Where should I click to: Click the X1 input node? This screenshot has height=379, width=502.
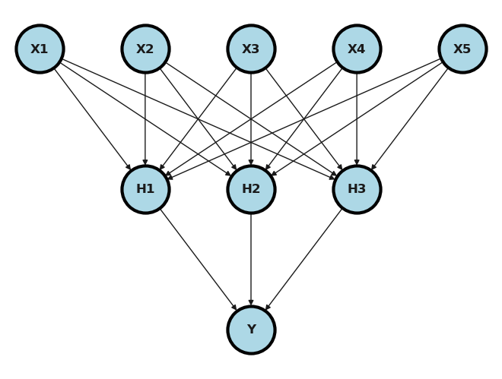pos(40,49)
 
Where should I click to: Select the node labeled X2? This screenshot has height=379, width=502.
pos(145,49)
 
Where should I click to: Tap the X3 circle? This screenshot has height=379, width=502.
pos(251,49)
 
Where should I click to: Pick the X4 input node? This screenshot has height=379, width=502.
pos(357,49)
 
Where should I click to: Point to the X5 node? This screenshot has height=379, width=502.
pos(462,49)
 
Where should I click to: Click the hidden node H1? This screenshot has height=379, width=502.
pos(145,189)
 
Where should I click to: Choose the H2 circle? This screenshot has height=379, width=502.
pos(251,189)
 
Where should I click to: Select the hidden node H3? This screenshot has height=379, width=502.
pos(357,189)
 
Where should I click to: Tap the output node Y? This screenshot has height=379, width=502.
pos(251,330)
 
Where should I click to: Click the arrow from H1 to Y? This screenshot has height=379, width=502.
pos(198,259)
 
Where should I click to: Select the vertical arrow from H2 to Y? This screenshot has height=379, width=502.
pos(251,259)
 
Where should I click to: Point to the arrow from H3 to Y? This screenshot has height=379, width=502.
pos(304,259)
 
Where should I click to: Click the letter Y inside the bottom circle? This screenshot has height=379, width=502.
pos(251,330)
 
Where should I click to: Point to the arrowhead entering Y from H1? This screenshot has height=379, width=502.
pos(235,308)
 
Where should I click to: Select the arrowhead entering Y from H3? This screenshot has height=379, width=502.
pos(267,308)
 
